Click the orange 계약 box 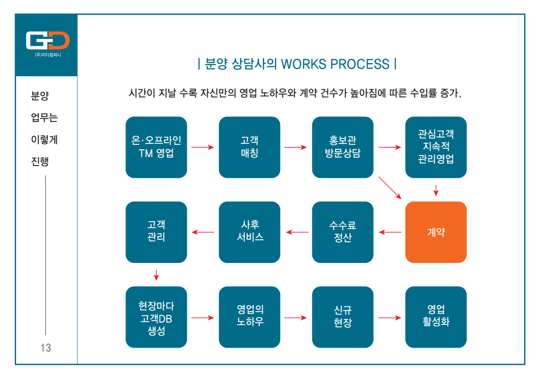pos(436,232)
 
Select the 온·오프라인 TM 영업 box pos(156,147)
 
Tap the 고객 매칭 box pos(250,147)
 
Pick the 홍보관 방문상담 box pos(343,147)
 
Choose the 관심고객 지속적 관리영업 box pos(436,147)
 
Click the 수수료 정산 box pos(343,232)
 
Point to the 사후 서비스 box pos(250,232)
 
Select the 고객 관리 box pos(156,232)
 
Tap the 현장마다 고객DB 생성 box pos(156,317)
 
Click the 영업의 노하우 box pos(250,317)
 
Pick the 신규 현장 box pos(343,317)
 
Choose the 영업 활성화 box pos(436,317)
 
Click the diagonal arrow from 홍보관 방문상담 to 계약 pos(390,188)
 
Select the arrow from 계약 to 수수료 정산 pos(390,232)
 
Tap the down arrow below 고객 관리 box pos(156,275)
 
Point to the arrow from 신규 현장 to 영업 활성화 pos(390,318)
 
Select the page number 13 pos(46,348)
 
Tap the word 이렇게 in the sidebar pos(44,139)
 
